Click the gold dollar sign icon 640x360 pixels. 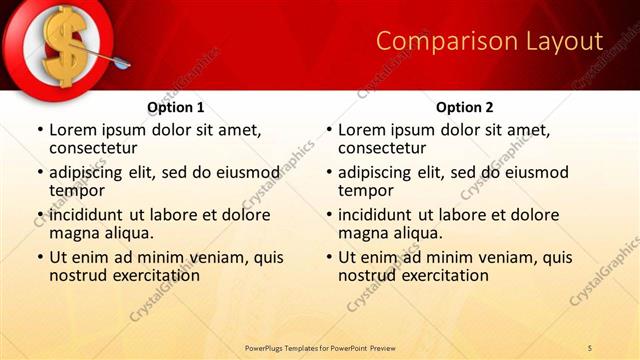click(x=57, y=45)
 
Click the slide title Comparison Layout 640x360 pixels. click(x=489, y=41)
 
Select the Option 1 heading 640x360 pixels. click(x=176, y=107)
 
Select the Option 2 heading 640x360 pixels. click(x=464, y=107)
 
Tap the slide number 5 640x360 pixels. click(x=590, y=347)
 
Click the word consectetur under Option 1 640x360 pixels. click(x=94, y=148)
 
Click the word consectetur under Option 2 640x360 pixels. click(x=382, y=148)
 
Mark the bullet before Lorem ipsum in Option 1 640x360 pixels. click(x=40, y=130)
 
